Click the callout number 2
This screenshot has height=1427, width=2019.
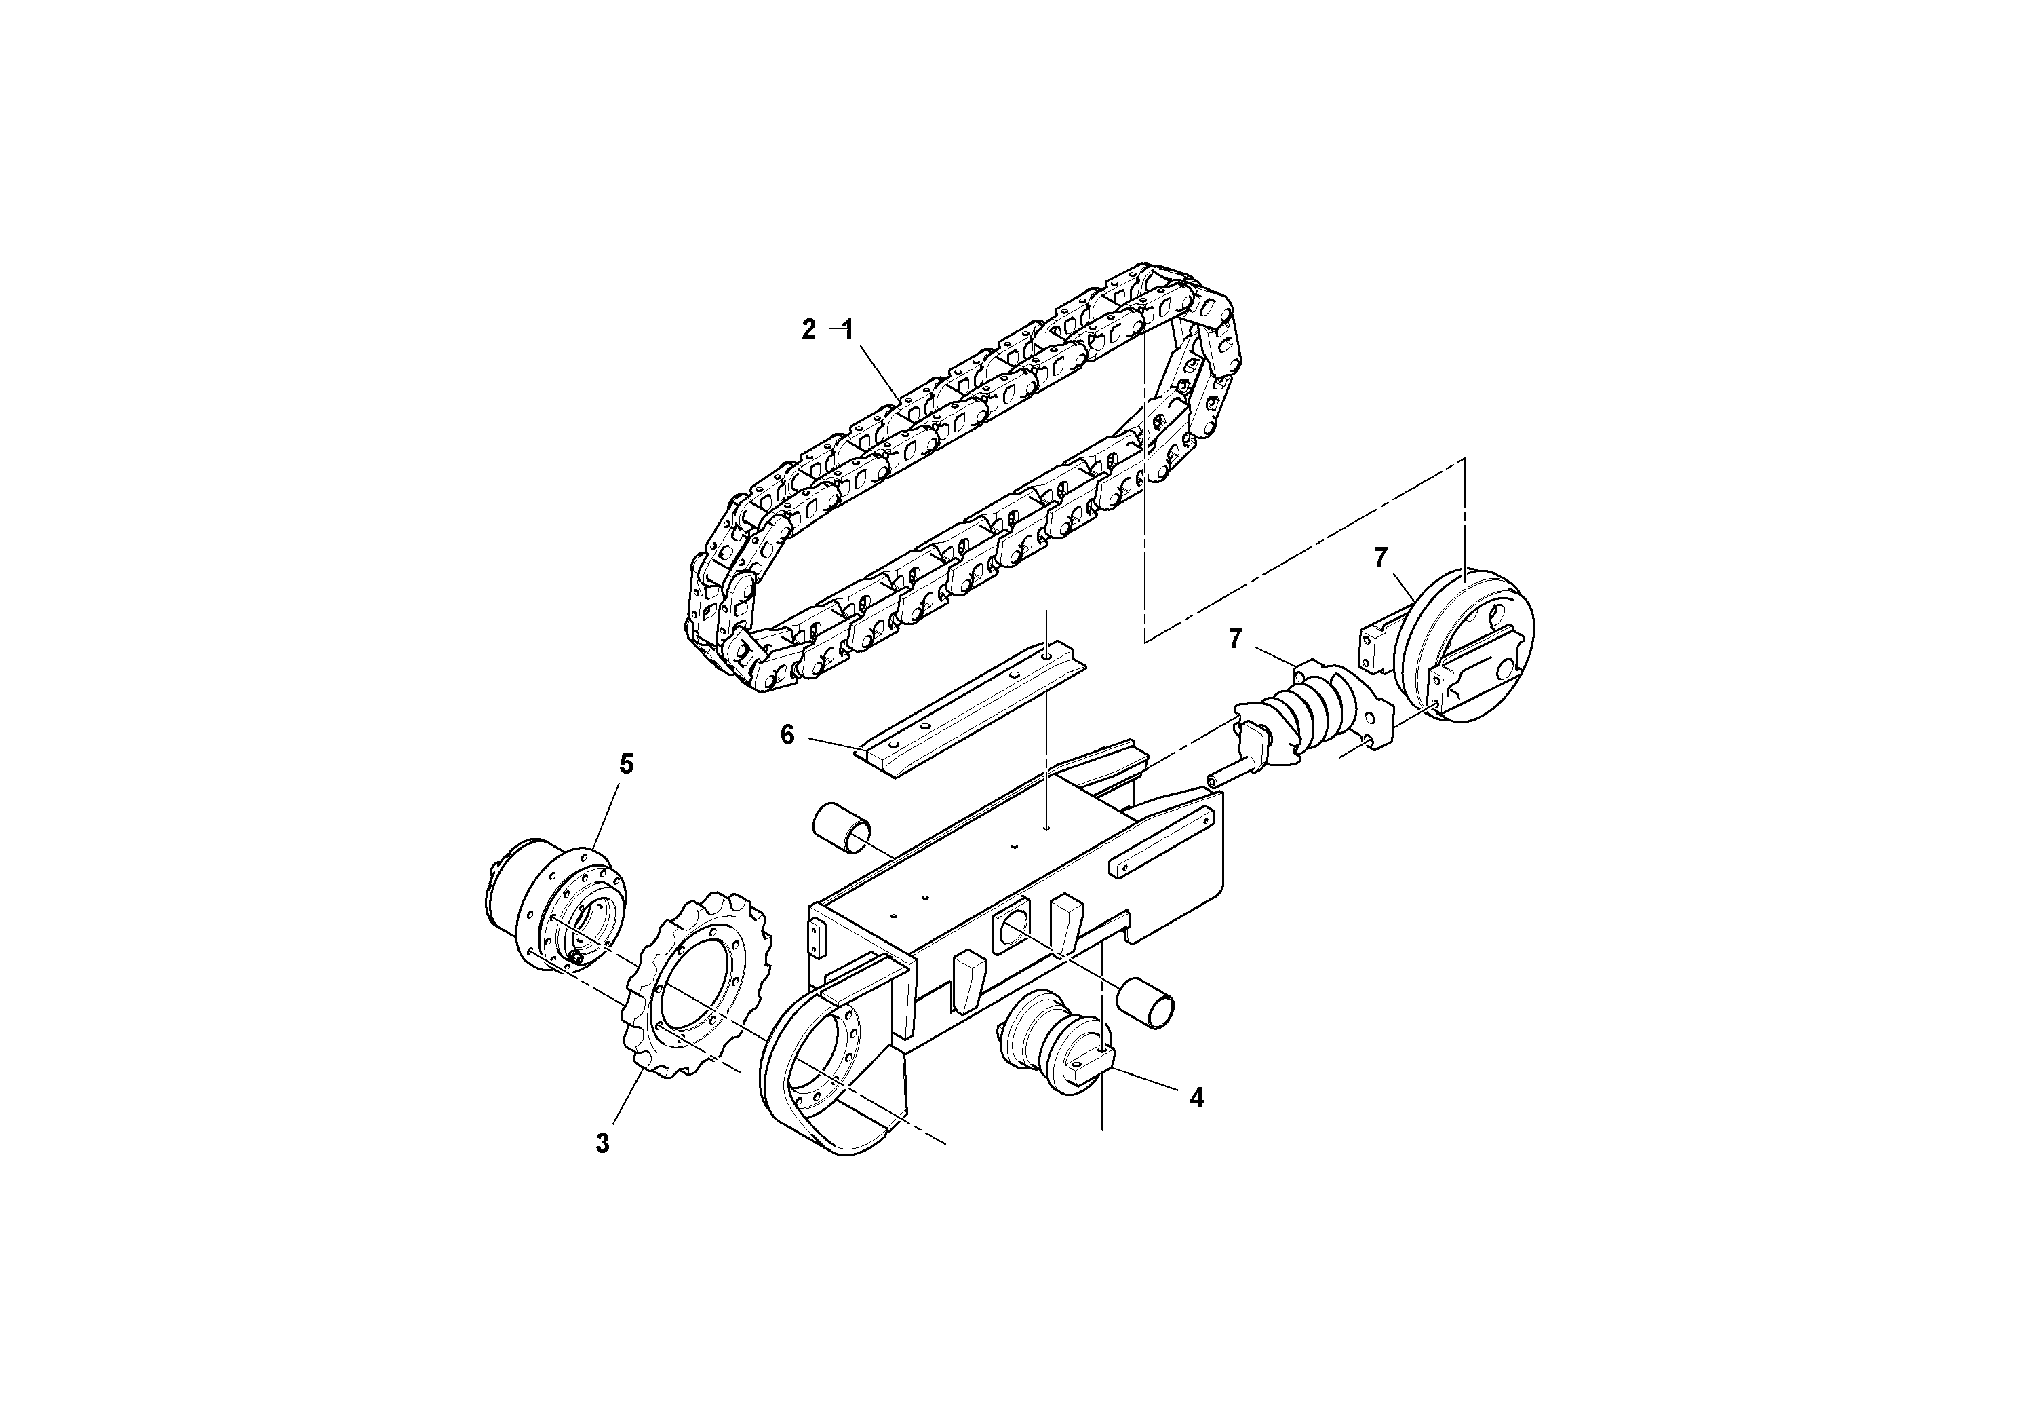(x=808, y=330)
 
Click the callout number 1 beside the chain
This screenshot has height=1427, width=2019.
(x=848, y=330)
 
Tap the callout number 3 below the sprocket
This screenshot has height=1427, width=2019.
(x=602, y=1144)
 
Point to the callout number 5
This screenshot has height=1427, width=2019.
(x=626, y=765)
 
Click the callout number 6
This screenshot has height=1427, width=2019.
(x=787, y=734)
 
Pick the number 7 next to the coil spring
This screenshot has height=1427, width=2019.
(x=1236, y=639)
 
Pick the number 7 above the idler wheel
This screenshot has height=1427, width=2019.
(x=1381, y=558)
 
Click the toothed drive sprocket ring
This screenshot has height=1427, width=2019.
(x=694, y=981)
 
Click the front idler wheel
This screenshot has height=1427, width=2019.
(x=1464, y=647)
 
